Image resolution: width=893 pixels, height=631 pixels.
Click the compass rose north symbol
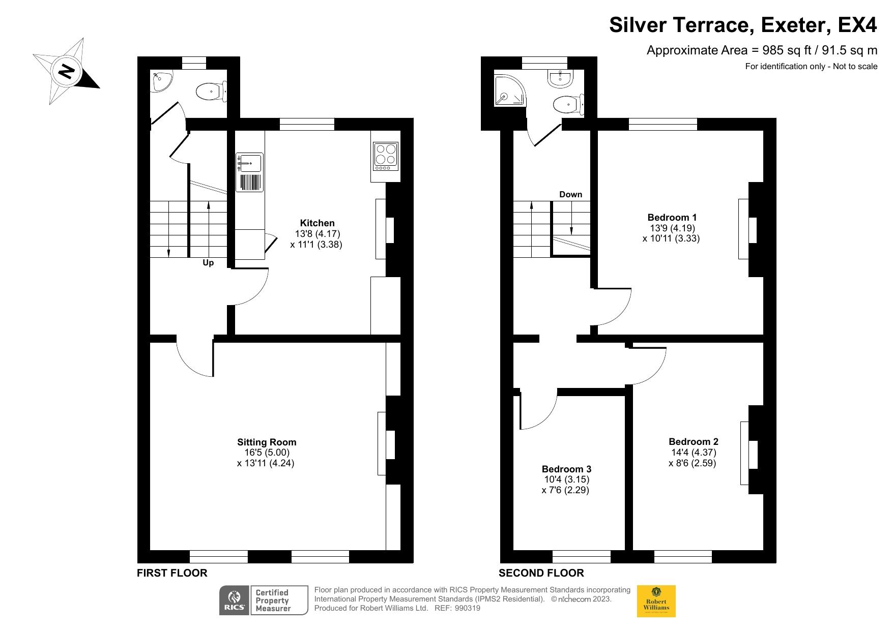[66, 71]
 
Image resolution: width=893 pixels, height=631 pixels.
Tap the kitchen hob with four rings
[385, 156]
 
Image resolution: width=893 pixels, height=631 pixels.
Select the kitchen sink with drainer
[249, 172]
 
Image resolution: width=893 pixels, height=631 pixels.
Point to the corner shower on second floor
[510, 91]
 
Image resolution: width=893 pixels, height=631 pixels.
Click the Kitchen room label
[318, 223]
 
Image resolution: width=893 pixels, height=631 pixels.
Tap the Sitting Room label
[267, 442]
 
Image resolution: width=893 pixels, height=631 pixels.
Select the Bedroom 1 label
[672, 217]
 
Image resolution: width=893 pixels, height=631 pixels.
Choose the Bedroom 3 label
[566, 469]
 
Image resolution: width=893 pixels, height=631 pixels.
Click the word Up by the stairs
[208, 263]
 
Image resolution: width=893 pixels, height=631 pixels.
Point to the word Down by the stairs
[570, 194]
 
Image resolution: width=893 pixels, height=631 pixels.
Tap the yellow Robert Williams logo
[656, 601]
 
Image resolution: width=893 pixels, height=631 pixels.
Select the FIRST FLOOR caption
[172, 573]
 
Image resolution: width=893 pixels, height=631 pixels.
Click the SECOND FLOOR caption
[541, 573]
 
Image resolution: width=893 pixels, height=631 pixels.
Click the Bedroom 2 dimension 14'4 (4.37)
[694, 453]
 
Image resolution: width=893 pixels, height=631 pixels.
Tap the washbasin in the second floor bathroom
[561, 78]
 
